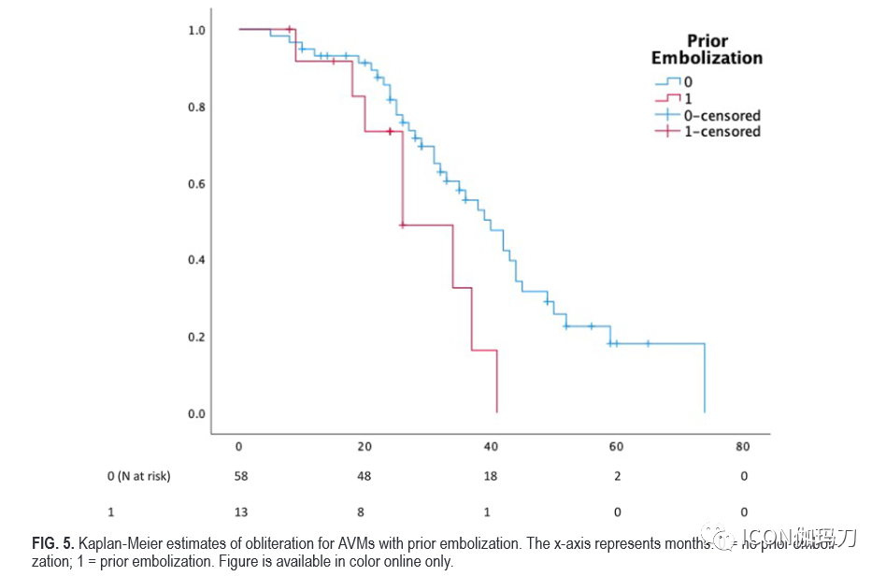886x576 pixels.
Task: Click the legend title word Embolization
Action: pos(707,58)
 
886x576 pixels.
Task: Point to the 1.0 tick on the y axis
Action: pos(196,31)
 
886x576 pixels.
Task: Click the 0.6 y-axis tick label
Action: pos(196,184)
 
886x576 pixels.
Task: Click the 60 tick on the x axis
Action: pos(617,447)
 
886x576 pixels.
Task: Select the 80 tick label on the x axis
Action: pos(742,447)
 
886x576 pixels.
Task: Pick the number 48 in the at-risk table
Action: pos(364,477)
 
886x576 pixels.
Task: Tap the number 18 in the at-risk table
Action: pos(491,477)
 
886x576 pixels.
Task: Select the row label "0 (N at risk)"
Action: pos(139,477)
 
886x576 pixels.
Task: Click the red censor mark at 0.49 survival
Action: pos(402,225)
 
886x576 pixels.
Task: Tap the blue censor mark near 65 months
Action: pos(648,343)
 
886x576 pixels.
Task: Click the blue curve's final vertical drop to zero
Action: pos(704,379)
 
